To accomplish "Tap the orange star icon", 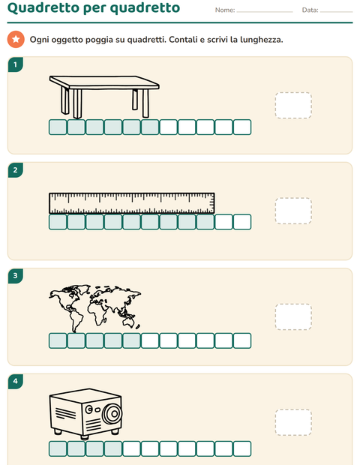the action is pos(16,39).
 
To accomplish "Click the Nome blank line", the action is pos(265,12).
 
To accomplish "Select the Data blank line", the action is pos(336,12).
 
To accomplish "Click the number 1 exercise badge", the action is pos(16,64).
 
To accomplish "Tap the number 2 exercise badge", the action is pos(16,170).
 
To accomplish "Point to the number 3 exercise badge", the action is pos(16,275).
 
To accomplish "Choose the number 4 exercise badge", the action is pos(16,381).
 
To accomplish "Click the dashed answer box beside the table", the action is pos(293,105).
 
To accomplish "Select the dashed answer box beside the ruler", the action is pos(293,211).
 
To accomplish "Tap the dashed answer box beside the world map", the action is pos(293,316).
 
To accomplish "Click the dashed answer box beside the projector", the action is pos(293,422).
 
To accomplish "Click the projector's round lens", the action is pos(112,413).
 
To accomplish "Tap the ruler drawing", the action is pos(132,203).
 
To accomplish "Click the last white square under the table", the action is pos(242,127).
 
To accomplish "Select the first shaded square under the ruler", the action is pos(58,222).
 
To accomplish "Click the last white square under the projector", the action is pos(242,448).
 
